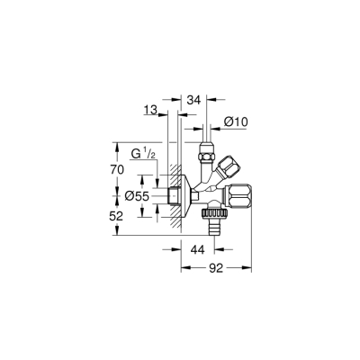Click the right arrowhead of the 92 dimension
tap(249, 268)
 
